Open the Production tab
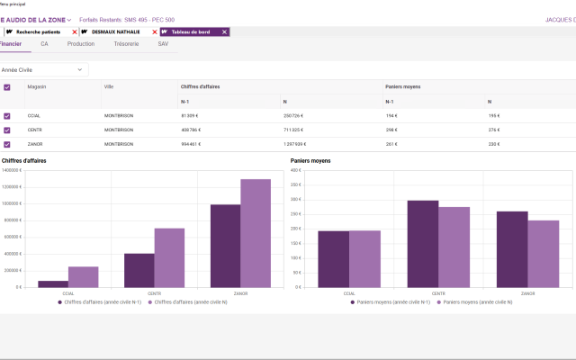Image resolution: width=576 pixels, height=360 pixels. click(x=81, y=43)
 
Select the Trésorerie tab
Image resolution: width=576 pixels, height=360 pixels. click(x=126, y=43)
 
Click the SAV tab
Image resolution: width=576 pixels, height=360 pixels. click(x=163, y=43)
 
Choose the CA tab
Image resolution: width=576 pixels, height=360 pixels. click(x=44, y=43)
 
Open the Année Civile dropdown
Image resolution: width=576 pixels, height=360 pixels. click(x=43, y=69)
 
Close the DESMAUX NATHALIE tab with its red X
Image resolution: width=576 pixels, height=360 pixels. click(x=155, y=31)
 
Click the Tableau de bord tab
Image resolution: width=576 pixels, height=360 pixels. click(x=192, y=31)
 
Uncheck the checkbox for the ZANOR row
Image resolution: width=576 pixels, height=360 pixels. click(x=7, y=144)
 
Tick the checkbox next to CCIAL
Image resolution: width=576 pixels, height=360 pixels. click(x=7, y=116)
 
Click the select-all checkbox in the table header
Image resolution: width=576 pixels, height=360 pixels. click(x=7, y=87)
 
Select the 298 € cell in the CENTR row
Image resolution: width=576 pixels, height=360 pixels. click(x=391, y=130)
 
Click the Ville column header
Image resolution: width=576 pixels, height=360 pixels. click(x=109, y=87)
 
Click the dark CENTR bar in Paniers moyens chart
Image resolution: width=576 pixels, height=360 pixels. click(x=423, y=244)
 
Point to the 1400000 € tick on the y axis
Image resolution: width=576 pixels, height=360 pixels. click(x=12, y=170)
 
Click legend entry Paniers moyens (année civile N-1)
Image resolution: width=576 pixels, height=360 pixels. click(x=390, y=302)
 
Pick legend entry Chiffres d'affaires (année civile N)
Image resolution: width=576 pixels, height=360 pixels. click(x=191, y=302)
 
